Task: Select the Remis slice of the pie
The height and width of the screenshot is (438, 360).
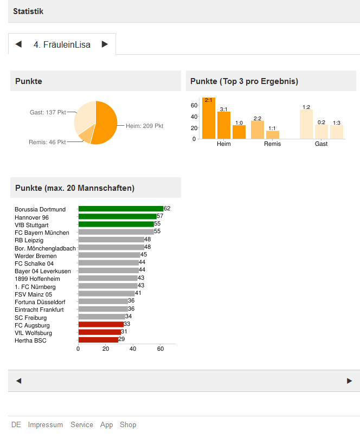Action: pyautogui.click(x=86, y=134)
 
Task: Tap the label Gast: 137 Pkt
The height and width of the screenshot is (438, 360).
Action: pyautogui.click(x=47, y=112)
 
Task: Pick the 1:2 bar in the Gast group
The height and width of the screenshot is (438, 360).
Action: pyautogui.click(x=306, y=124)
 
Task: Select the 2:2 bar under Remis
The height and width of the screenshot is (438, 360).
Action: pyautogui.click(x=258, y=130)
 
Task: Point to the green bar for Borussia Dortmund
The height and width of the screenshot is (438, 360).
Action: pyautogui.click(x=120, y=209)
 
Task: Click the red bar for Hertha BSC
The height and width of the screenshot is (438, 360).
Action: pyautogui.click(x=98, y=340)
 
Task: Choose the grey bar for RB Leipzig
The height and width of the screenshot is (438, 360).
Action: pyautogui.click(x=111, y=240)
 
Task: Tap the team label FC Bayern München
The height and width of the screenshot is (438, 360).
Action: pyautogui.click(x=42, y=233)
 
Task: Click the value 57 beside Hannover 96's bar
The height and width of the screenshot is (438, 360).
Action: pyautogui.click(x=160, y=216)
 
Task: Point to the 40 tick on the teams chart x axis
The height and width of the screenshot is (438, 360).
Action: pyautogui.click(x=133, y=349)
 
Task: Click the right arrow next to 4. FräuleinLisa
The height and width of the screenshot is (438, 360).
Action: pyautogui.click(x=105, y=44)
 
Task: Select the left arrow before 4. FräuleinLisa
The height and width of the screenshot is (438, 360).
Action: pyautogui.click(x=18, y=44)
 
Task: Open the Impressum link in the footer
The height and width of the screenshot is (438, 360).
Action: pyautogui.click(x=46, y=424)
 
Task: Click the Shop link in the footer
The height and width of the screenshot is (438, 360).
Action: pyautogui.click(x=128, y=424)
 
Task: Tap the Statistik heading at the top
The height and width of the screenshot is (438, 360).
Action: pyautogui.click(x=28, y=11)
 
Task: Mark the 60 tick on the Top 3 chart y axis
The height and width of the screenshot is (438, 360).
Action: pyautogui.click(x=194, y=105)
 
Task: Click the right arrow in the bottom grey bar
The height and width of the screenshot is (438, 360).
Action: pyautogui.click(x=349, y=381)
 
